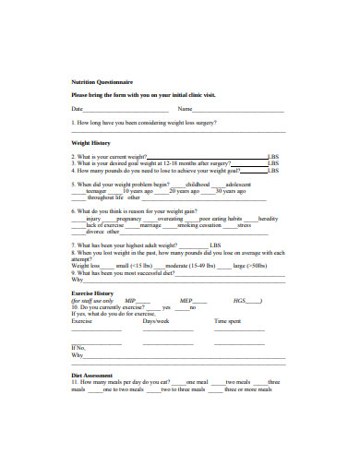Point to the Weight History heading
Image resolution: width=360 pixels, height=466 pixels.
pos(91,144)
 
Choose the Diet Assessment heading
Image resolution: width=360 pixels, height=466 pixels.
pos(91,376)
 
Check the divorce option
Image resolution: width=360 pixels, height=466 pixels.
pos(96,232)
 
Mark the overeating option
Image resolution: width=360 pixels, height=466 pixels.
pos(171,219)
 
